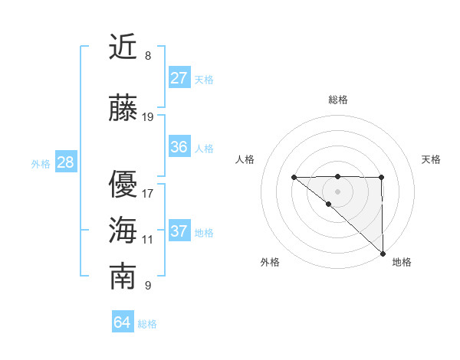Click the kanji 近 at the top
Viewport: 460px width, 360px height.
[123, 48]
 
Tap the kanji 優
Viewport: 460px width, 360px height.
[123, 185]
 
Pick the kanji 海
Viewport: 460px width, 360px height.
[123, 231]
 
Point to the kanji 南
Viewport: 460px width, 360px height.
[123, 277]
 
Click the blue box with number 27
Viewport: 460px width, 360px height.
[179, 78]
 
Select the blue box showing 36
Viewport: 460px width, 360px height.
[179, 147]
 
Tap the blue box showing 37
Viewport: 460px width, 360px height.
[179, 231]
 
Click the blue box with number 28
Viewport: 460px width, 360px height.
[65, 162]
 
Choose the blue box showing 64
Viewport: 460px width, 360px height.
[122, 322]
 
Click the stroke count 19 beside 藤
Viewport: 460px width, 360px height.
[148, 117]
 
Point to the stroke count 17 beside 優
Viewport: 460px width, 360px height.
[148, 193]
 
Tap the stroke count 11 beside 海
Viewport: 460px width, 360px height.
[148, 240]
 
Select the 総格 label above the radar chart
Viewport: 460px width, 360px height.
[337, 100]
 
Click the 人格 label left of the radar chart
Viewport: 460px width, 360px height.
[245, 159]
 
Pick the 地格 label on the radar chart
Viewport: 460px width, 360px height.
[402, 262]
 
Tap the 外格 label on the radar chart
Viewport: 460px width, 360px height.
[270, 262]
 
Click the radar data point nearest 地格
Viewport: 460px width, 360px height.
[382, 254]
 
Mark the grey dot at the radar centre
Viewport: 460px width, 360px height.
[337, 191]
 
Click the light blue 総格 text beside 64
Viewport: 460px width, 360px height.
[147, 324]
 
